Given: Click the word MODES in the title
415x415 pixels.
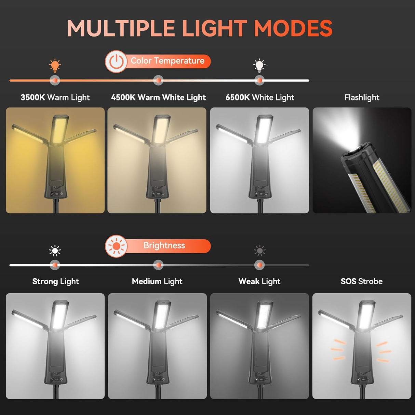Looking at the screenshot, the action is (x=293, y=28).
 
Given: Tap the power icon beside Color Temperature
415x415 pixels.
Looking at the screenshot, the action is (x=116, y=62).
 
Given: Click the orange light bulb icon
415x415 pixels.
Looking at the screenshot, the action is (x=55, y=66).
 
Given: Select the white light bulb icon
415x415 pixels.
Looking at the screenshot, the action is (x=259, y=66).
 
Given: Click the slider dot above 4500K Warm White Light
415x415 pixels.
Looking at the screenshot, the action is (x=158, y=80).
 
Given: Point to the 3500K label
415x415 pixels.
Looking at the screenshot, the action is (x=33, y=97).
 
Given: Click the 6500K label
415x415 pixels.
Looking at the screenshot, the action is (x=238, y=97).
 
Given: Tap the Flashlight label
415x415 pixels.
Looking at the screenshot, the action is (x=362, y=97).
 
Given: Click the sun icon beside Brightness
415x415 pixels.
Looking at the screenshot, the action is (x=116, y=246).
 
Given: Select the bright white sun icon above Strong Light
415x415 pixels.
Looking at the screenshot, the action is (x=55, y=251).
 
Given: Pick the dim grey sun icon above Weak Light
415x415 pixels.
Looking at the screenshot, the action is (x=260, y=251).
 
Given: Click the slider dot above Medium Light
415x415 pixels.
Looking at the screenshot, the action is (x=158, y=265).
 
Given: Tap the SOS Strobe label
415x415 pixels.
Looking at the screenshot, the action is (x=362, y=281).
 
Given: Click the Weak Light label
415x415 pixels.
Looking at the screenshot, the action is (x=259, y=281).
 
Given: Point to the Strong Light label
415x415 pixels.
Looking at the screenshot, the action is (x=56, y=281).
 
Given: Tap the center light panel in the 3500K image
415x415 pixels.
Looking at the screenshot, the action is (x=59, y=130).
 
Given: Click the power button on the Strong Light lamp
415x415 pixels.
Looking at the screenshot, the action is (x=62, y=379).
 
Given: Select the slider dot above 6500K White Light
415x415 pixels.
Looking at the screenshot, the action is (x=259, y=80).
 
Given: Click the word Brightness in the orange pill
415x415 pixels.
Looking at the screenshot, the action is (x=164, y=245).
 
